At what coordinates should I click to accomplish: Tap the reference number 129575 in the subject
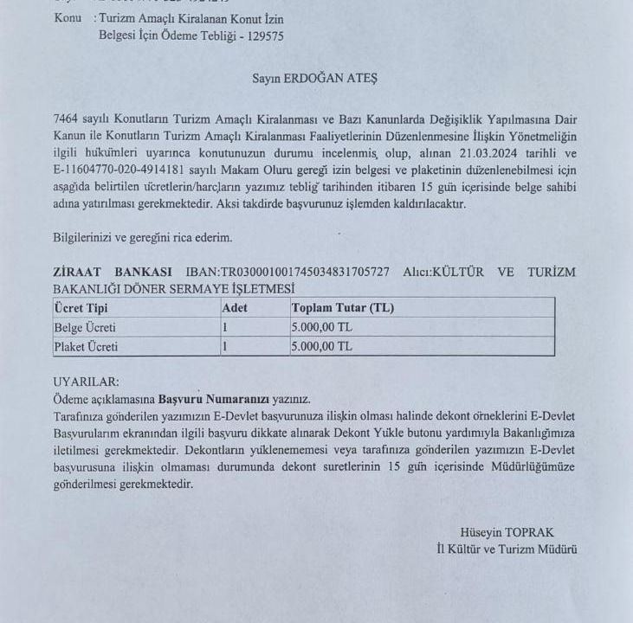[262, 35]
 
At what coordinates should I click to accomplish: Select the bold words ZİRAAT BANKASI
[113, 273]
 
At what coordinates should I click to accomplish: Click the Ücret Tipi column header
[81, 308]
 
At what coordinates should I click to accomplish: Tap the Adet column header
[235, 308]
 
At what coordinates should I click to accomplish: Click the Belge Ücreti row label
[85, 328]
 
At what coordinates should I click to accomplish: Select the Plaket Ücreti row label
[86, 347]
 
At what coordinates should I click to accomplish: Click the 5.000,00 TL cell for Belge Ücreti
[322, 328]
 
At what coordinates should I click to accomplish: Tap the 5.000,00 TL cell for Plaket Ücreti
[322, 347]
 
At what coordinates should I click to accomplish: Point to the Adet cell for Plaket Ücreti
[225, 347]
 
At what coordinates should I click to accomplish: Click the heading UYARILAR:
[87, 382]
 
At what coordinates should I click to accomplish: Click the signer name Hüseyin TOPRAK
[507, 532]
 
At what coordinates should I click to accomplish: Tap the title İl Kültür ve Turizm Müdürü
[507, 549]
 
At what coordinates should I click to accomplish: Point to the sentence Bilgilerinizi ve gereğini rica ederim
[142, 237]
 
